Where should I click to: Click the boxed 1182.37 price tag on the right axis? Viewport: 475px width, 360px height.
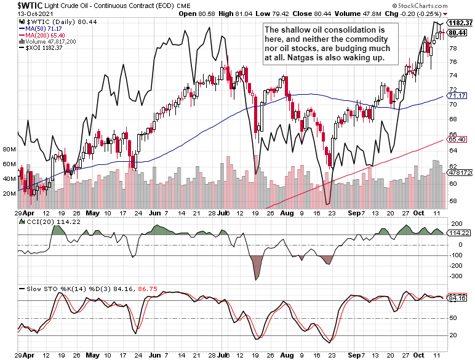click(x=460, y=23)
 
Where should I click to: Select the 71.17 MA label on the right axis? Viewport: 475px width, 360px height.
click(x=457, y=96)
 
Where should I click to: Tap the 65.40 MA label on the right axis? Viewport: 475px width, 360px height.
click(x=457, y=140)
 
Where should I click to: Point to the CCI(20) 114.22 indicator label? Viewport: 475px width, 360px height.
click(x=46, y=222)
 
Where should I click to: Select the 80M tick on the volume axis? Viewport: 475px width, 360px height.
click(x=9, y=150)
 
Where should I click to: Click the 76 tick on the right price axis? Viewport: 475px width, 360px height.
click(x=453, y=62)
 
